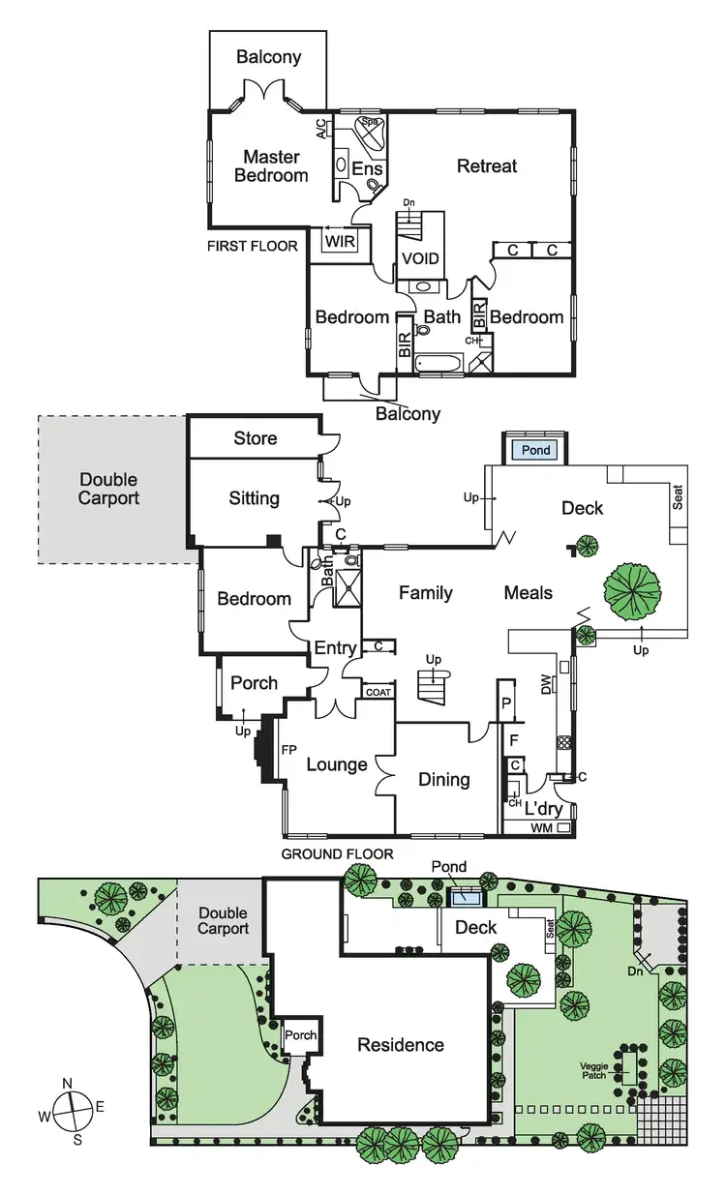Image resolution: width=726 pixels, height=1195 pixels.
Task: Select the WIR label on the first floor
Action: click(x=339, y=241)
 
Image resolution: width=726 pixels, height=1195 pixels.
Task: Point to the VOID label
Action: click(x=420, y=259)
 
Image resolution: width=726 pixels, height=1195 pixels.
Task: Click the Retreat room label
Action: click(x=487, y=166)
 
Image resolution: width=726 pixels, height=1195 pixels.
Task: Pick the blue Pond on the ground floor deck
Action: click(x=536, y=451)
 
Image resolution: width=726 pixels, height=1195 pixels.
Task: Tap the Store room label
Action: click(x=255, y=438)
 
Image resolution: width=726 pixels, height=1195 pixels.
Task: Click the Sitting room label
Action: click(x=254, y=498)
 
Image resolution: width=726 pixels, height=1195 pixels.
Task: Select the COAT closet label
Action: click(x=378, y=692)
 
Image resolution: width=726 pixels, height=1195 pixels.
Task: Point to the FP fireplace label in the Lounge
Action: click(x=287, y=750)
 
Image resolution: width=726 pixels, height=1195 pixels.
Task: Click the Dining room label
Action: click(x=443, y=779)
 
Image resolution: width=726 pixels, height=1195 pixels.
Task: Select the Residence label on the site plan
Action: click(x=401, y=1044)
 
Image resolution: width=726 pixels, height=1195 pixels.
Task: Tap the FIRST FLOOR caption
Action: click(x=252, y=247)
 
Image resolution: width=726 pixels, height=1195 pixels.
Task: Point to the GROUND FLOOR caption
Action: click(x=337, y=853)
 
